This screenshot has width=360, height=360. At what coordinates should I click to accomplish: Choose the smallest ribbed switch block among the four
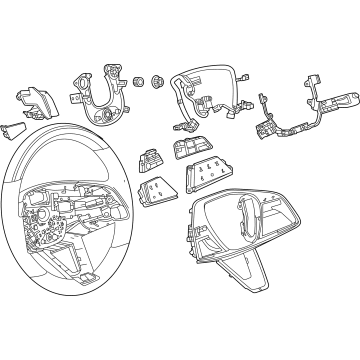[150, 157]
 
